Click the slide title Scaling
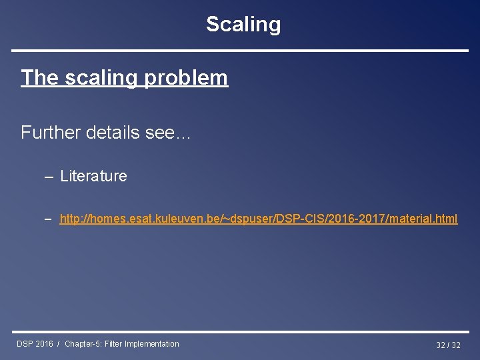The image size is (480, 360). tap(243, 25)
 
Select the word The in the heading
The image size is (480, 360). tap(40, 78)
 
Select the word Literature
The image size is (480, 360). tap(93, 176)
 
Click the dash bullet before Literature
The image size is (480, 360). tap(49, 177)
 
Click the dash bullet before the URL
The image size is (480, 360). tap(49, 219)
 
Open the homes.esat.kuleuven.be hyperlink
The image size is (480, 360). tap(258, 219)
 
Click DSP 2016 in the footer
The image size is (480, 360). tap(35, 344)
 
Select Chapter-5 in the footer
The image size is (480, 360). tap(83, 344)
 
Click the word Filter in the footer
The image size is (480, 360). tap(114, 344)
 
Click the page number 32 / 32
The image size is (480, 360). tap(448, 345)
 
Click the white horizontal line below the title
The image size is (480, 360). tap(240, 51)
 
